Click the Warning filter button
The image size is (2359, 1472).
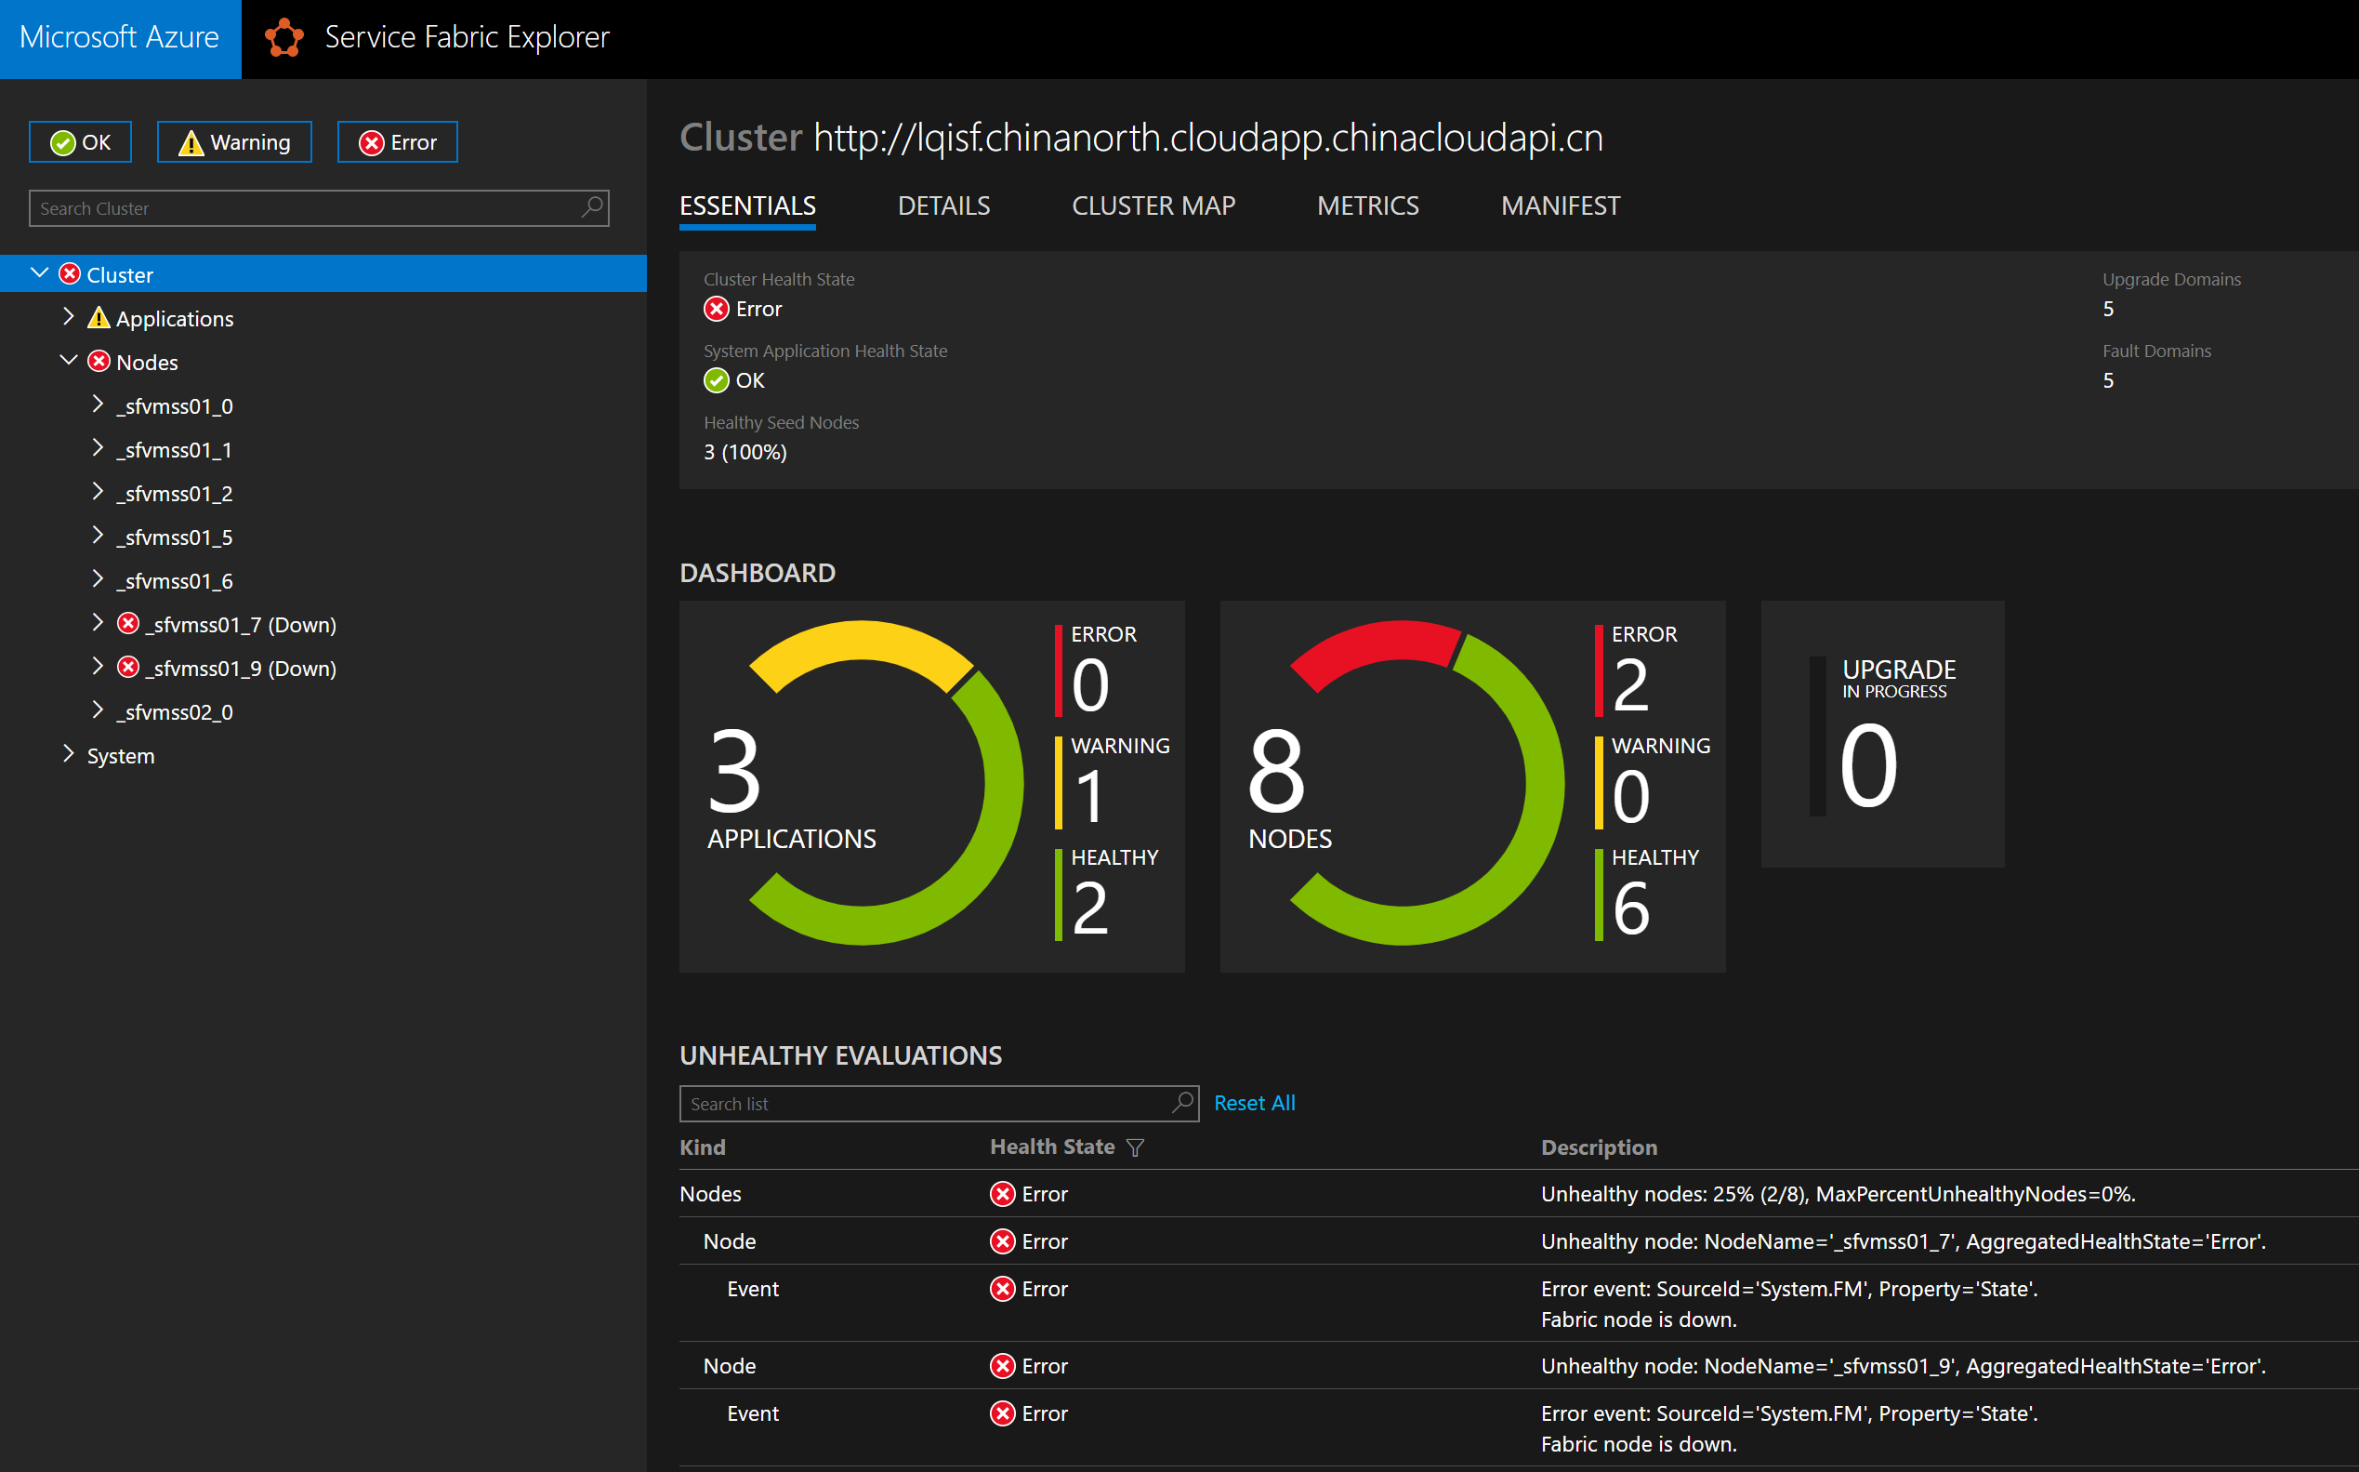pyautogui.click(x=234, y=142)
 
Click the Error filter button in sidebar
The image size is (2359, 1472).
pyautogui.click(x=397, y=142)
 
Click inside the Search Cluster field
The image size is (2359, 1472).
pyautogui.click(x=307, y=208)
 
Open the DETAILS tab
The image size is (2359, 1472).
pyautogui.click(x=943, y=206)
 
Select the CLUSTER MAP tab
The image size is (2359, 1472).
pyautogui.click(x=1153, y=206)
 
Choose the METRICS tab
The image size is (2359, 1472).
pyautogui.click(x=1367, y=206)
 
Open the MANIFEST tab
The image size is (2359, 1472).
pyautogui.click(x=1560, y=206)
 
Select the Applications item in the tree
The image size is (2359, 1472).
pyautogui.click(x=174, y=318)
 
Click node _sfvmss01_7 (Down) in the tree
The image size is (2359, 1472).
pyautogui.click(x=241, y=625)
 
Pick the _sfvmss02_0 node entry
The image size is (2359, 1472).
pyautogui.click(x=174, y=712)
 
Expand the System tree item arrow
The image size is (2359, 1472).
pyautogui.click(x=68, y=754)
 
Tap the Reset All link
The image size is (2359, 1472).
pyautogui.click(x=1255, y=1103)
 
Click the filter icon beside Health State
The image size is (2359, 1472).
pyautogui.click(x=1135, y=1147)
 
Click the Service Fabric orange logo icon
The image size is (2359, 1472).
pyautogui.click(x=284, y=38)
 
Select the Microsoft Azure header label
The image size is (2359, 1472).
pyautogui.click(x=120, y=38)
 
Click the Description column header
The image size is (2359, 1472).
pyautogui.click(x=1598, y=1147)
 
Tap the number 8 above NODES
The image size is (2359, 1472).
pyautogui.click(x=1276, y=771)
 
